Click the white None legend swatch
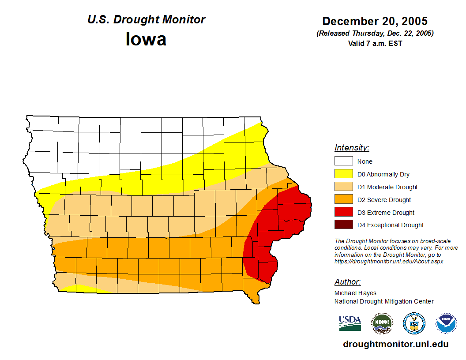pos(343,161)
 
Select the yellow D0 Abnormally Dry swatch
pos(343,174)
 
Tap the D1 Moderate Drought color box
pos(343,187)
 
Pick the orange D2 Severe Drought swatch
pos(343,199)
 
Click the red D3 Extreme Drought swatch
pos(343,212)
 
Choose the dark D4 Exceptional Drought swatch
pos(343,225)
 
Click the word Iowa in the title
pos(146,39)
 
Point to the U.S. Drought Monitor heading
pos(146,20)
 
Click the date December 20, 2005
pos(375,21)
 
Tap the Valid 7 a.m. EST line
pos(375,43)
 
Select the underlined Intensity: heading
pos(352,148)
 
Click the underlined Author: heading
pos(348,282)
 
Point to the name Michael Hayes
pos(355,293)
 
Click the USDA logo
pos(350,323)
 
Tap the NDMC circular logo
pos(382,323)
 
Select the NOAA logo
pos(446,323)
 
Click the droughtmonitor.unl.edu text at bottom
pos(395,345)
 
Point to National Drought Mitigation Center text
pos(384,301)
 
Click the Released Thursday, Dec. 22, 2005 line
pos(375,34)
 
